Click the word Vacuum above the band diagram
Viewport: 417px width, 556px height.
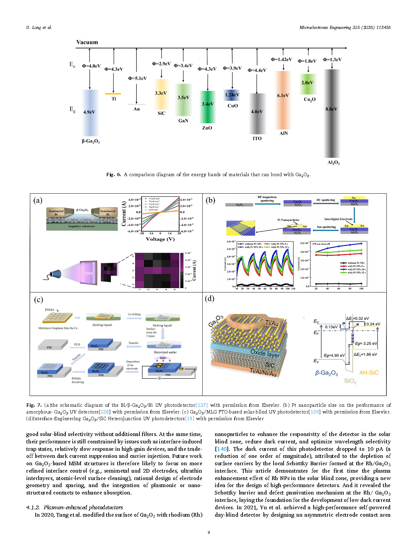point(87,42)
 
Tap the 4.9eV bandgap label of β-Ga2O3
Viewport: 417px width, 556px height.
point(89,112)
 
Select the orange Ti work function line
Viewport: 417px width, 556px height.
point(113,94)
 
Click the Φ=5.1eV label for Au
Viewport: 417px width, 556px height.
point(137,78)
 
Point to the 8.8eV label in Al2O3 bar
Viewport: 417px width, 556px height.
point(331,109)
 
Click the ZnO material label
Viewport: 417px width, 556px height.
point(207,128)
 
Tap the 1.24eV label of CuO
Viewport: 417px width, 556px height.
point(232,95)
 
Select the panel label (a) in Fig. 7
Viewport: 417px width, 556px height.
point(38,200)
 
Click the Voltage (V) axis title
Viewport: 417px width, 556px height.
point(160,239)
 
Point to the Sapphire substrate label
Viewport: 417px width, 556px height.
point(82,226)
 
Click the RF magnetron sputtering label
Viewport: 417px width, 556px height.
point(267,199)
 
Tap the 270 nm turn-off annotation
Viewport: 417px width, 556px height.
point(321,244)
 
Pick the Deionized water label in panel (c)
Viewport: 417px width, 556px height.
point(165,352)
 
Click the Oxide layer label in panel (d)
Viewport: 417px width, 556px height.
point(265,353)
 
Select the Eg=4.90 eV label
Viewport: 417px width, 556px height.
point(334,355)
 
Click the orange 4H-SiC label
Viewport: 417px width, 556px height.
point(369,372)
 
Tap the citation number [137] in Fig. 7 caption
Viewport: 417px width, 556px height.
point(202,405)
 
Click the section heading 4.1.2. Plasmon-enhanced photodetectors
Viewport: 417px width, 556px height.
point(75,507)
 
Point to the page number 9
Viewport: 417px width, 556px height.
point(209,532)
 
